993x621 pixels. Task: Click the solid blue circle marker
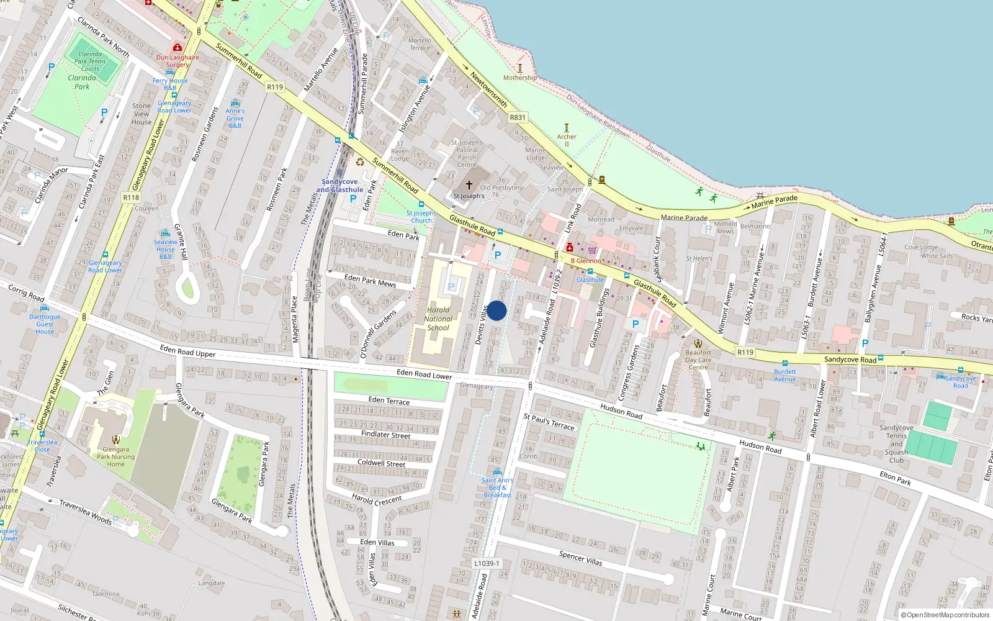click(496, 310)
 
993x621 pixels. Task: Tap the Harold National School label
click(438, 319)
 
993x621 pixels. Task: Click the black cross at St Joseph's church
click(469, 184)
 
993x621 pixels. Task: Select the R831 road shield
click(517, 117)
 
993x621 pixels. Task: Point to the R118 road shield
click(131, 197)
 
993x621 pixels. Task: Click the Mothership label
click(520, 78)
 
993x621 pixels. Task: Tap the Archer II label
click(567, 140)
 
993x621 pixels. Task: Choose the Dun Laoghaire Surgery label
click(177, 61)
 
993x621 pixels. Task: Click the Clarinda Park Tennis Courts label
click(90, 61)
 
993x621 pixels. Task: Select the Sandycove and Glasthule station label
click(339, 186)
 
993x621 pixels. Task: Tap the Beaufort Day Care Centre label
click(698, 360)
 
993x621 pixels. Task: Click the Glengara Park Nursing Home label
click(115, 456)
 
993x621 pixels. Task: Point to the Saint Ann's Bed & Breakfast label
click(497, 487)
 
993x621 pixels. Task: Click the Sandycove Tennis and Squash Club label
click(896, 444)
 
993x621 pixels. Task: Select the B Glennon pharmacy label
click(586, 261)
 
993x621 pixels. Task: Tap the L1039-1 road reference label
click(486, 563)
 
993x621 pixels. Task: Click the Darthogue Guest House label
click(45, 324)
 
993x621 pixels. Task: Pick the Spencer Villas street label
click(580, 558)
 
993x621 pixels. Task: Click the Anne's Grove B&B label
click(235, 118)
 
